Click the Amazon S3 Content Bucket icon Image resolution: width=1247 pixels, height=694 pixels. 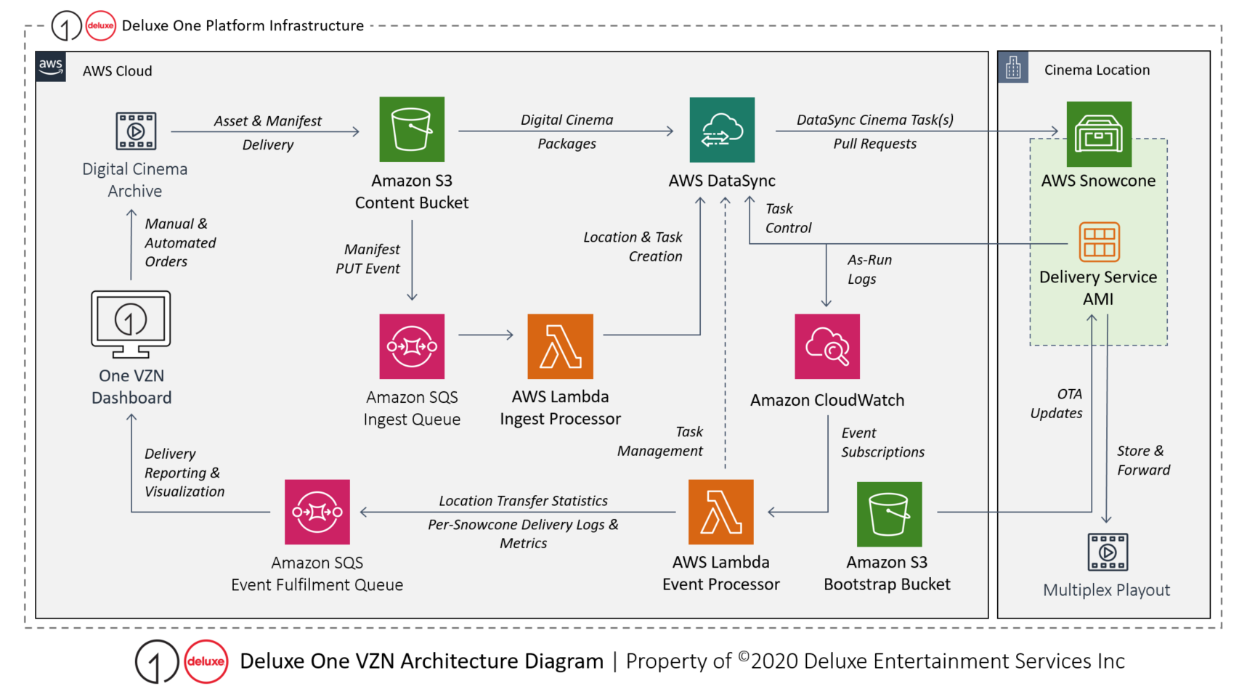click(x=412, y=129)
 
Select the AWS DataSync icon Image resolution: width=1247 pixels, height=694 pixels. click(x=722, y=130)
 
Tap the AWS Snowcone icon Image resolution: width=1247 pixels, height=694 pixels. click(x=1098, y=134)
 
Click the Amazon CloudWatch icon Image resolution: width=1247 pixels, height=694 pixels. click(x=827, y=346)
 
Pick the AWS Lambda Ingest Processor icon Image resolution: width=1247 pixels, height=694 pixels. click(x=560, y=346)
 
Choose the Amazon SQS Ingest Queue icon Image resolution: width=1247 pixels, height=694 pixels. click(x=412, y=346)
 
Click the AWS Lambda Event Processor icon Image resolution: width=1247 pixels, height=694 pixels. click(x=720, y=512)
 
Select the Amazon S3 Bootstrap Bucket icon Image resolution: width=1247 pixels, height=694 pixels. click(x=889, y=514)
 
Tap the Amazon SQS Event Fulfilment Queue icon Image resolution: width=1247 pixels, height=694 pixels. click(x=317, y=512)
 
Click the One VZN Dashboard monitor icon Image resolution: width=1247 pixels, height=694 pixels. click(x=131, y=324)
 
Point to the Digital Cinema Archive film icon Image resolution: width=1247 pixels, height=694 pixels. click(x=136, y=131)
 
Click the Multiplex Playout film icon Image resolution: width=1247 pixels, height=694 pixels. click(x=1108, y=552)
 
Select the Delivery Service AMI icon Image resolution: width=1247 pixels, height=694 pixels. click(x=1099, y=242)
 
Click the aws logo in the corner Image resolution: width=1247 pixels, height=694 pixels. click(x=51, y=66)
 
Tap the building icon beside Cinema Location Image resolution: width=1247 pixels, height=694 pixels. click(x=1013, y=68)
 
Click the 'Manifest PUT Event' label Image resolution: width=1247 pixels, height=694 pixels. click(x=368, y=258)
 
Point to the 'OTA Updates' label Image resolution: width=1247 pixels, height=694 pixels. click(x=1057, y=404)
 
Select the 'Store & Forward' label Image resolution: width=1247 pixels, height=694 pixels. click(x=1143, y=460)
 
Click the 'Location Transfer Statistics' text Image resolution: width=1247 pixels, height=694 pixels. click(x=523, y=501)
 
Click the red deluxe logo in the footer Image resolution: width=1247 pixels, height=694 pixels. click(x=206, y=661)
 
